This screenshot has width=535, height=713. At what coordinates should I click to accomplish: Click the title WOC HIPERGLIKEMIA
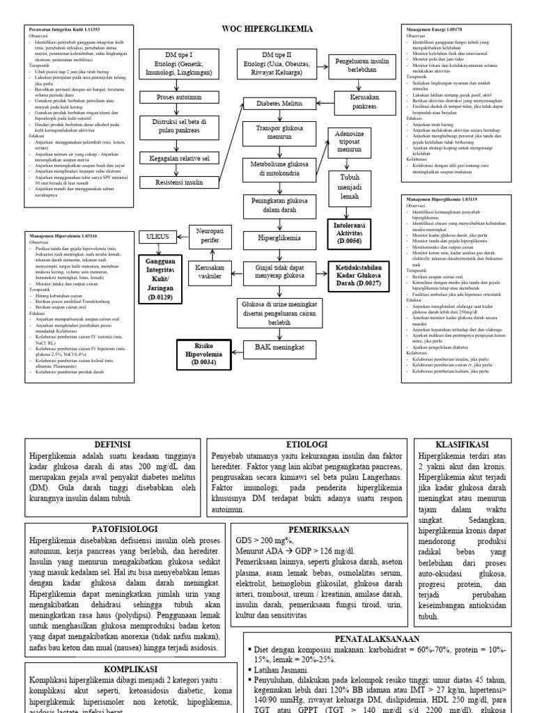(267, 29)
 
